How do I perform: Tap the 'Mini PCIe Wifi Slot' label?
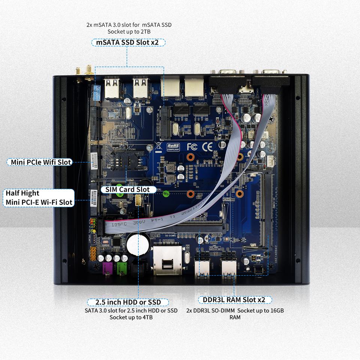tap(39, 162)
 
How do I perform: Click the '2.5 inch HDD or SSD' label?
tap(128, 302)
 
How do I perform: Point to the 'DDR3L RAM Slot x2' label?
tap(234, 300)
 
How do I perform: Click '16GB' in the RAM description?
tap(280, 311)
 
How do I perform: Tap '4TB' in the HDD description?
tap(146, 317)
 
